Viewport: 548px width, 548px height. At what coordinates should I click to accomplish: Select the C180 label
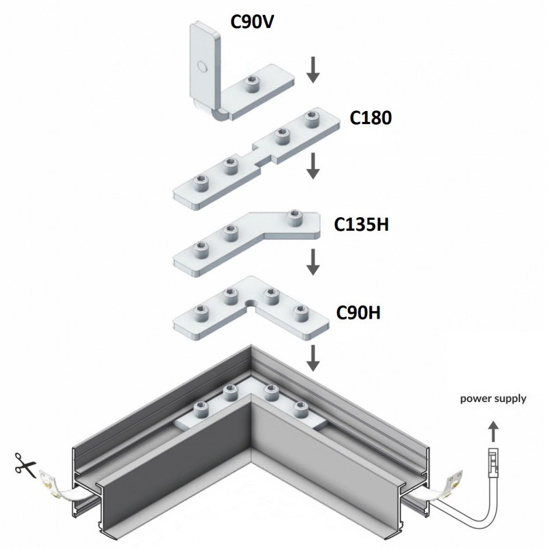(x=371, y=119)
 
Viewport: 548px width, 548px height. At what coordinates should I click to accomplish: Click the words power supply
(x=493, y=398)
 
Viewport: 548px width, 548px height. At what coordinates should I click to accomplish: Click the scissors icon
(x=25, y=467)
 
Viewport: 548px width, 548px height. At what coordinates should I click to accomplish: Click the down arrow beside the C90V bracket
(x=313, y=70)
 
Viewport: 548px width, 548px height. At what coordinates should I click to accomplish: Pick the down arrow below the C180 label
(x=313, y=165)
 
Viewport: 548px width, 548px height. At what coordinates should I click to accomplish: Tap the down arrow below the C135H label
(x=313, y=261)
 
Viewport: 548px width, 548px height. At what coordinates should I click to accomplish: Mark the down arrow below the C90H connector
(x=313, y=356)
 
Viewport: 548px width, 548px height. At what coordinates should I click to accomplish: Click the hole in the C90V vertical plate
(x=201, y=66)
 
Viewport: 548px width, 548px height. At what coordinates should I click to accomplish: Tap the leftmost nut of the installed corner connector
(x=200, y=410)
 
